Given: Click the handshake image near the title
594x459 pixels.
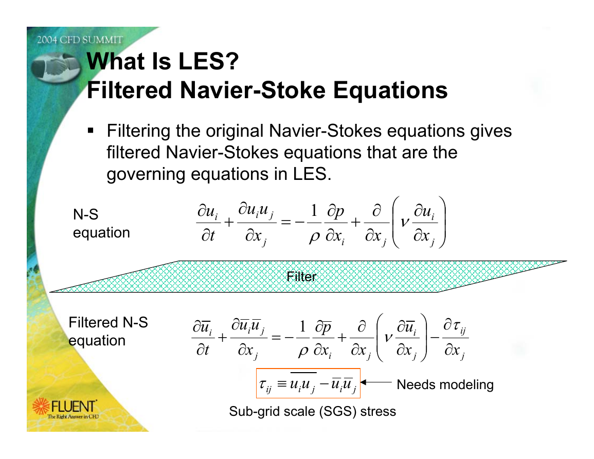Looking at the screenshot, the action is tap(56, 67).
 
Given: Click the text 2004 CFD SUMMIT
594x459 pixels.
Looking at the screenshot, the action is tap(80, 40).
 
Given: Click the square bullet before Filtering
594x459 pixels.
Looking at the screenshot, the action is tap(91, 131).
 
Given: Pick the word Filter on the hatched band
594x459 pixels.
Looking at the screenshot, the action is tap(301, 277).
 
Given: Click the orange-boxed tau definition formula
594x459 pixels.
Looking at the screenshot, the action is tap(308, 383).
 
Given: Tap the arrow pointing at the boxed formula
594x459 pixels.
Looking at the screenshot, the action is tap(376, 382).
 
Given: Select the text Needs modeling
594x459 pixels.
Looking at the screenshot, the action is tap(445, 385).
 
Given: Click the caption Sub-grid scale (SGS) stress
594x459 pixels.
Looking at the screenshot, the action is tap(313, 411).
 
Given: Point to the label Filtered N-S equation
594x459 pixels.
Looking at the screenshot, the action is tap(108, 332).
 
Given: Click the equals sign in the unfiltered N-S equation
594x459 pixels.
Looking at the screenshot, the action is tap(285, 223).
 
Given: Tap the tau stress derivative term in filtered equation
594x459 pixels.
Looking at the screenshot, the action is tap(455, 338).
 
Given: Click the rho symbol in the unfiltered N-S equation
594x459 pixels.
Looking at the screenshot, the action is tap(314, 237).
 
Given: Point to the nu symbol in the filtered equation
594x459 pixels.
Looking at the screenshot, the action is tap(388, 337).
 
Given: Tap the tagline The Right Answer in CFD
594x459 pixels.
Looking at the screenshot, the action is tap(73, 416).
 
